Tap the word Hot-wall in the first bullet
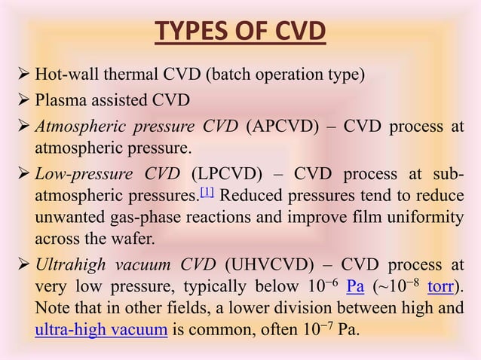point(57,74)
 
